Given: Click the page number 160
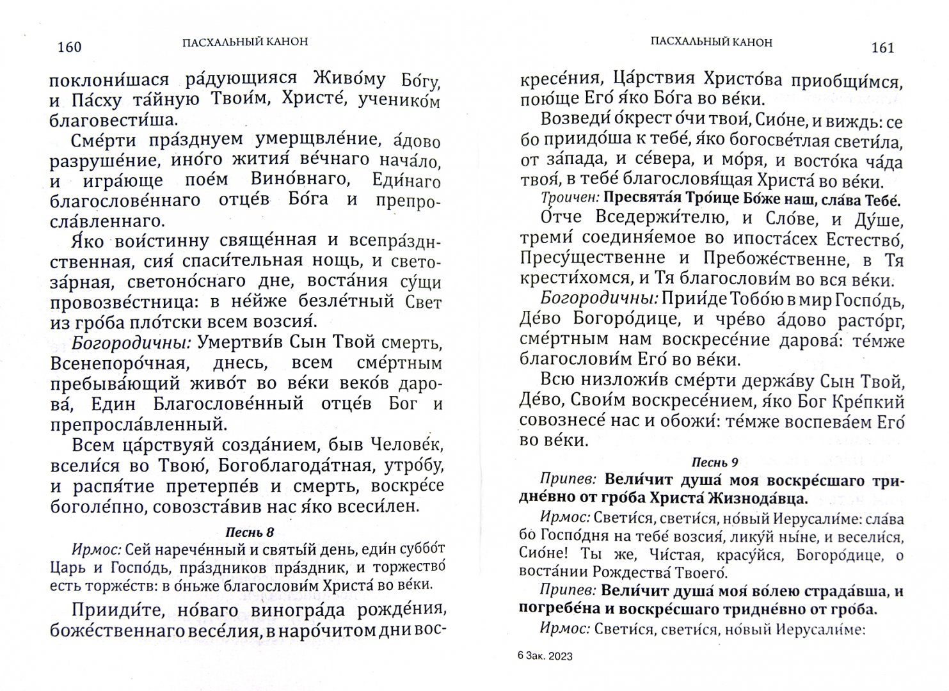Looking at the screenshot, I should pos(68,47).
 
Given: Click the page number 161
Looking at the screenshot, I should pos(882,48).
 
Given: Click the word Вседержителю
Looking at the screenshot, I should pos(651,218).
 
